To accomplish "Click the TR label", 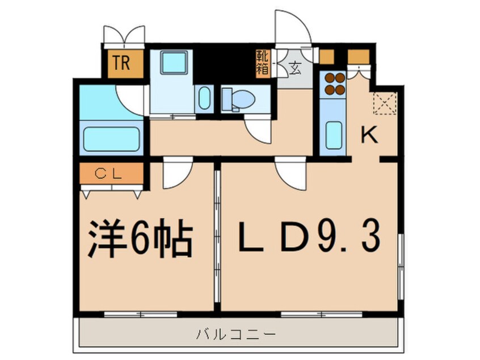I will (x=120, y=62).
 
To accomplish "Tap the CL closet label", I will (x=111, y=174).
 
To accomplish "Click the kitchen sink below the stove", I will (x=333, y=134).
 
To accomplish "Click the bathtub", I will (x=111, y=139).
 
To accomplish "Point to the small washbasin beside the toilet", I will (x=205, y=98).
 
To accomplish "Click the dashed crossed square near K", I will (x=384, y=103).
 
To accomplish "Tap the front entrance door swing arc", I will (x=290, y=28).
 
